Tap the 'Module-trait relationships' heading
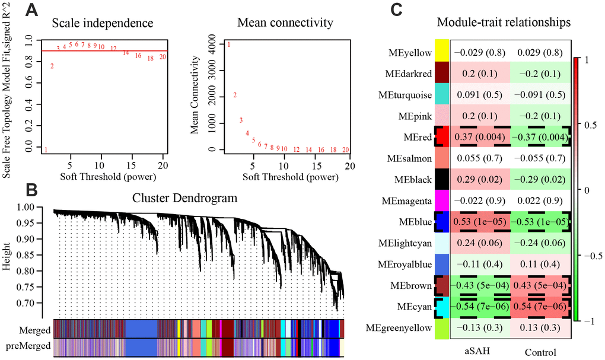(504, 23)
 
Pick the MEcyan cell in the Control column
(541, 307)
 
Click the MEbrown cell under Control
(541, 285)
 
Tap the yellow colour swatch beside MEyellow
(442, 52)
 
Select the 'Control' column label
(540, 352)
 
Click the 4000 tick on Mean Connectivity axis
(211, 45)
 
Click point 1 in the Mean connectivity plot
(229, 45)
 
